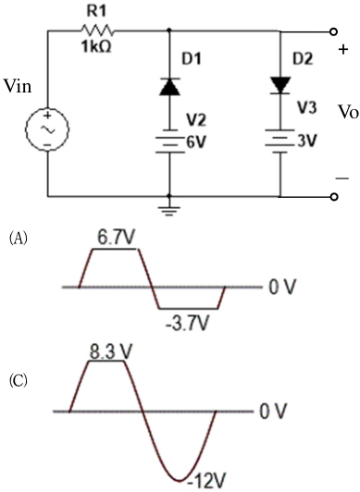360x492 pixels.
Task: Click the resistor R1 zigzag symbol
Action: pyautogui.click(x=97, y=31)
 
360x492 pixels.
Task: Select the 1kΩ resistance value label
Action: pyautogui.click(x=96, y=47)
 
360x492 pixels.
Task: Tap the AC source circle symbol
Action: pyautogui.click(x=47, y=129)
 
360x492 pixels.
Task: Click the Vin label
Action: pyautogui.click(x=18, y=86)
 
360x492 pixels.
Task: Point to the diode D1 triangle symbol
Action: pyautogui.click(x=169, y=87)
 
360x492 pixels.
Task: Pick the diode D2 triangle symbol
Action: pyautogui.click(x=280, y=85)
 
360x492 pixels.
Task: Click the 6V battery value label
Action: pyautogui.click(x=196, y=142)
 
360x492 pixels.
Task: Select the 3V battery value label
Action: pyautogui.click(x=307, y=141)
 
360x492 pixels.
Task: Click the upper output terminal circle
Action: pyautogui.click(x=334, y=31)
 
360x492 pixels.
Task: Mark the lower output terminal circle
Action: pyautogui.click(x=335, y=197)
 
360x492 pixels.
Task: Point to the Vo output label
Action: pyautogui.click(x=348, y=111)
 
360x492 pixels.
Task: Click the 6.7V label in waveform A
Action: pyautogui.click(x=116, y=239)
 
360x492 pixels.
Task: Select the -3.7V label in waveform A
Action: pyautogui.click(x=187, y=323)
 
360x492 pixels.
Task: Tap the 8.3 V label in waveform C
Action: pyautogui.click(x=111, y=352)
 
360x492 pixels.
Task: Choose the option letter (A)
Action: pyautogui.click(x=19, y=239)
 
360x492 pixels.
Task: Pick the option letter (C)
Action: pyautogui.click(x=19, y=381)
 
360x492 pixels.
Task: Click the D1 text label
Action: pyautogui.click(x=192, y=58)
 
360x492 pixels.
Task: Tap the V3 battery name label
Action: pyautogui.click(x=307, y=107)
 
